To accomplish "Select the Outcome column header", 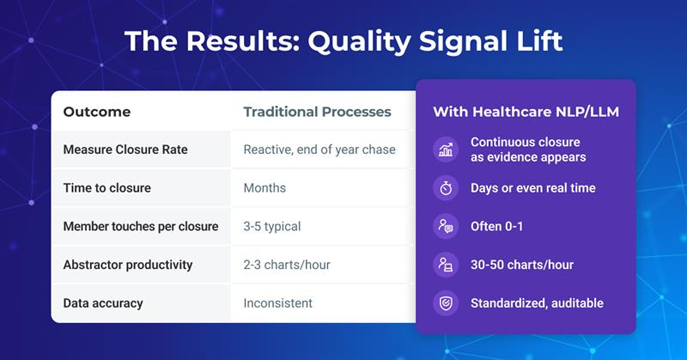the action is (x=97, y=112).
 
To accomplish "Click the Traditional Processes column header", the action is (x=317, y=112).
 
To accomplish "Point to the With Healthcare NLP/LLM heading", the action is (x=526, y=112).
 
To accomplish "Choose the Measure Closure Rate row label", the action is (x=125, y=150).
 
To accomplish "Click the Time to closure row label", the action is (x=107, y=188).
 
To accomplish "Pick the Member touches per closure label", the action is (x=141, y=227).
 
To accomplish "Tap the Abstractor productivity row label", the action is (x=128, y=265).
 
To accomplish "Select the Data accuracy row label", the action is (x=103, y=303).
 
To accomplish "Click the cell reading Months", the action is (x=265, y=188).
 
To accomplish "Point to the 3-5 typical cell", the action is (x=272, y=227).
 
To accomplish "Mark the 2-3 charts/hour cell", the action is (x=287, y=265).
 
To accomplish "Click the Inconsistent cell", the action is (x=278, y=303).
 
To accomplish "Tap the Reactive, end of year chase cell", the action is (x=319, y=150).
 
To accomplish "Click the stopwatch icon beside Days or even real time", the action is (x=446, y=188).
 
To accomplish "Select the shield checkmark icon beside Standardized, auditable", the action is (x=446, y=303).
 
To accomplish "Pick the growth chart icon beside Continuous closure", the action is (x=446, y=150).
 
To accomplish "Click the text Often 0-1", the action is (x=497, y=227).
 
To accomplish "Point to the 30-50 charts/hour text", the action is (x=522, y=265).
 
